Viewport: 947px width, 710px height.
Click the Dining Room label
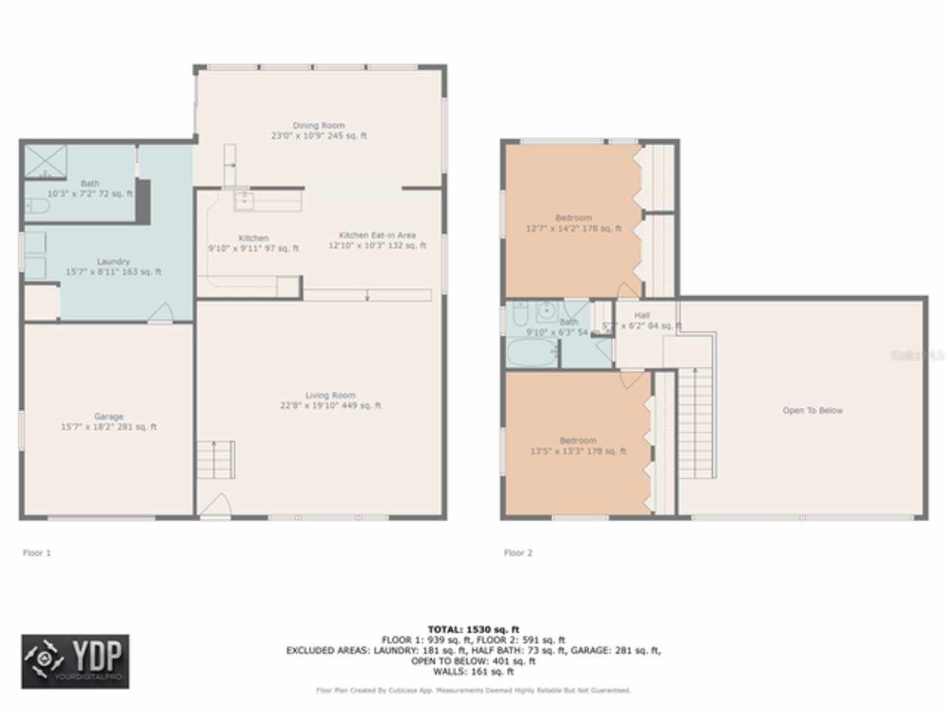coord(318,130)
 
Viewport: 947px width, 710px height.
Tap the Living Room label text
coord(330,400)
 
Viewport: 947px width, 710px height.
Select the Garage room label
coord(108,422)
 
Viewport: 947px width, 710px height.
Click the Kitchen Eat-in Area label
coord(377,240)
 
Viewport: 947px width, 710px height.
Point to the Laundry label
coord(113,266)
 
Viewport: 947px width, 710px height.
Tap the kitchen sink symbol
coord(244,199)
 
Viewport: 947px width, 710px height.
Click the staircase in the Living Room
coord(215,459)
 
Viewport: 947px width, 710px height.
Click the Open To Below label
coord(812,410)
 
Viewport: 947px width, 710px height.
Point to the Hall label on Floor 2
coord(641,316)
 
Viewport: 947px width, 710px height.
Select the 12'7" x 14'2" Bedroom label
coord(573,223)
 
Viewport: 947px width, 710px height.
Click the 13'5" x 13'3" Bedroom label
coord(578,445)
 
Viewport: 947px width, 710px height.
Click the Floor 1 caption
coord(37,552)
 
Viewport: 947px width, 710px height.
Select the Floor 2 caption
coord(518,552)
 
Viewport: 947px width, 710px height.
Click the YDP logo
coord(75,661)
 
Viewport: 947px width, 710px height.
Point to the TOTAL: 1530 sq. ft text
coord(473,629)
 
